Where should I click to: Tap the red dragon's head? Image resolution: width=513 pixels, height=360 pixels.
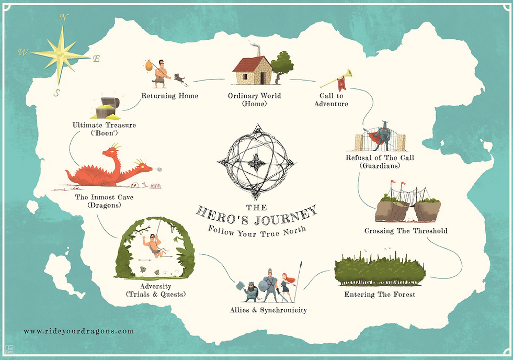[x=111, y=152]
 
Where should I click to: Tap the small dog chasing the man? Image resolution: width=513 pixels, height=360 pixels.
[x=180, y=79]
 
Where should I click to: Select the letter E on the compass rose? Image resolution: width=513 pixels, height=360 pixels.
[x=96, y=59]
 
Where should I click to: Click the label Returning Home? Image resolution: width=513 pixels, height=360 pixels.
[x=169, y=96]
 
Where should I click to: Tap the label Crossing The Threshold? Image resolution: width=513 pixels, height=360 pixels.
[x=406, y=231]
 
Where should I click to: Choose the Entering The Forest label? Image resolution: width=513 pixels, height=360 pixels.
[x=380, y=295]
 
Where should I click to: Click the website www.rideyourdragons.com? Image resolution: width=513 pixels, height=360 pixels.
[x=78, y=331]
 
